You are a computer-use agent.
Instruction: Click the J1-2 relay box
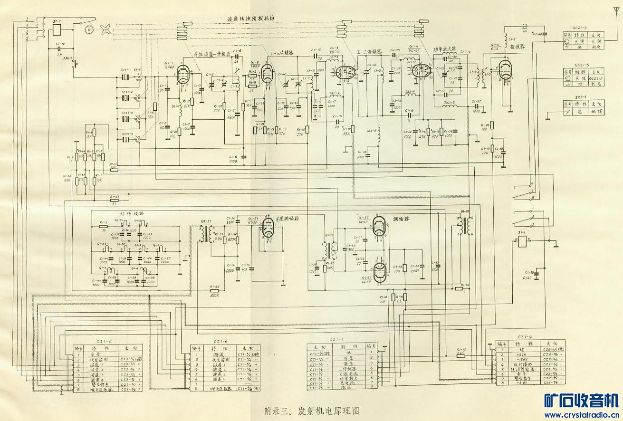pyautogui.click(x=57, y=29)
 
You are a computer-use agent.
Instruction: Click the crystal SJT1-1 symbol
pyautogui.click(x=126, y=77)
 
